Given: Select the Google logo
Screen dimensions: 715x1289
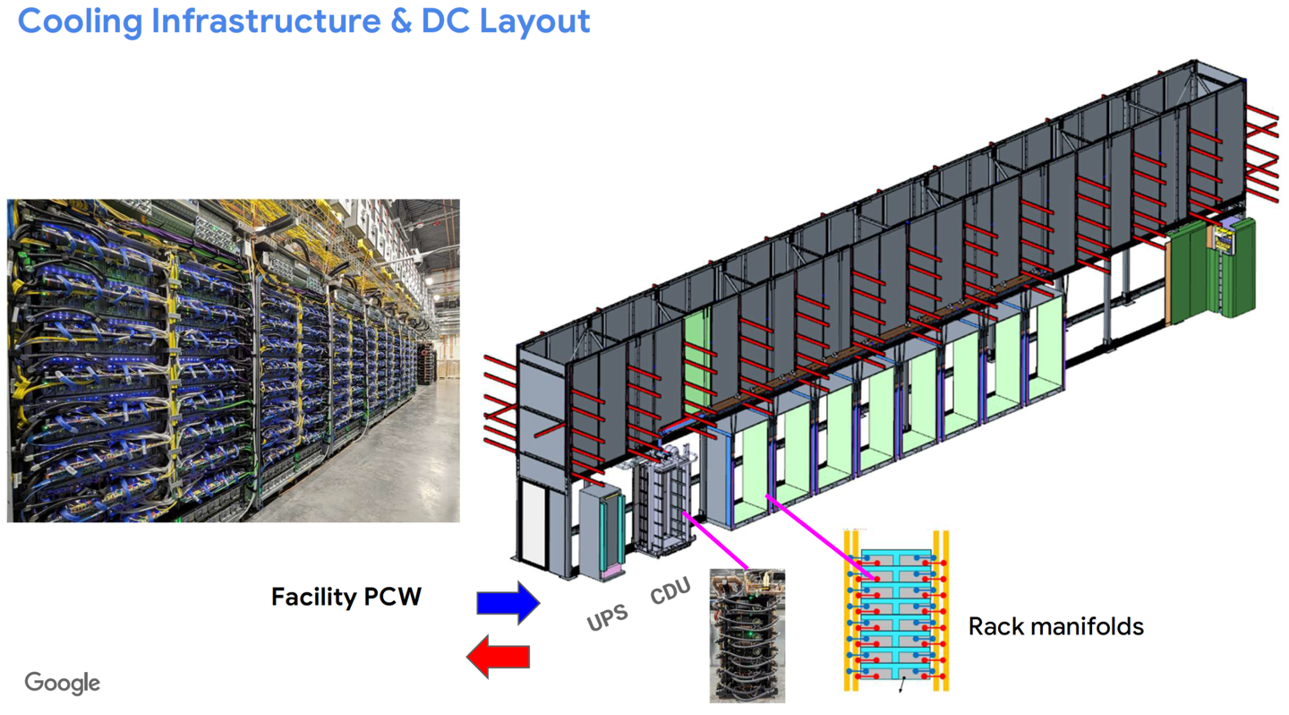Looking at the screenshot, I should [x=62, y=683].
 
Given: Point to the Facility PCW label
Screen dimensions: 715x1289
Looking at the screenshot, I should [x=346, y=597].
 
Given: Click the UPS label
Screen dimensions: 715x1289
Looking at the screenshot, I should [x=607, y=617].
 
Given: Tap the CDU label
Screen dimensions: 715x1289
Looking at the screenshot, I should [x=670, y=591].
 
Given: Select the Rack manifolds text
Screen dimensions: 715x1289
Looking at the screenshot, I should [x=1055, y=625].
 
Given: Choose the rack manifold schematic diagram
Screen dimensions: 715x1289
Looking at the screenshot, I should [x=895, y=611].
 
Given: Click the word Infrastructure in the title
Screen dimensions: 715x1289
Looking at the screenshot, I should [x=265, y=22].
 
